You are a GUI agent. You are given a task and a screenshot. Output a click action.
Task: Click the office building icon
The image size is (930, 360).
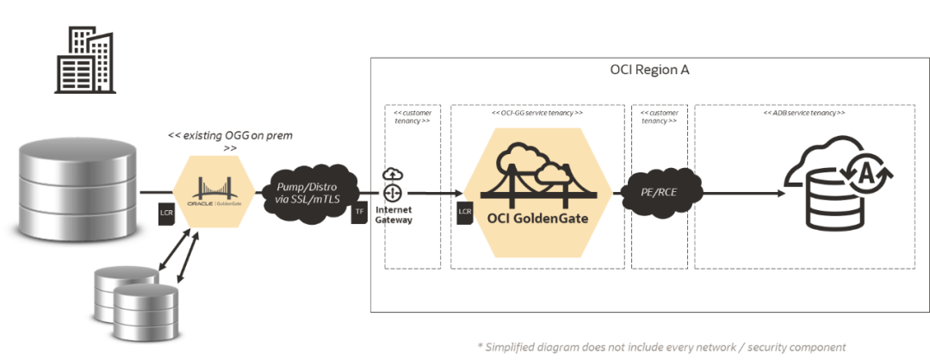pos(84,59)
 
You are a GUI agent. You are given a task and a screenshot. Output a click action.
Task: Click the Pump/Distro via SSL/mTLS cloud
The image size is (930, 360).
pos(305,192)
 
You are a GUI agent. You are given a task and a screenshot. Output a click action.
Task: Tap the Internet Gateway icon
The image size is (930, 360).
pos(393,191)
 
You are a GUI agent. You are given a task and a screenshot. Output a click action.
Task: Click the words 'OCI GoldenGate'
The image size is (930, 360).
pos(538,218)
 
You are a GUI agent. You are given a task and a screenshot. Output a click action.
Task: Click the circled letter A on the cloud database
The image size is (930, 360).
pos(866,176)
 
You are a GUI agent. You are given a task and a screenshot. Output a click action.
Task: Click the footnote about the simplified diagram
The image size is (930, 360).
pos(660,344)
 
